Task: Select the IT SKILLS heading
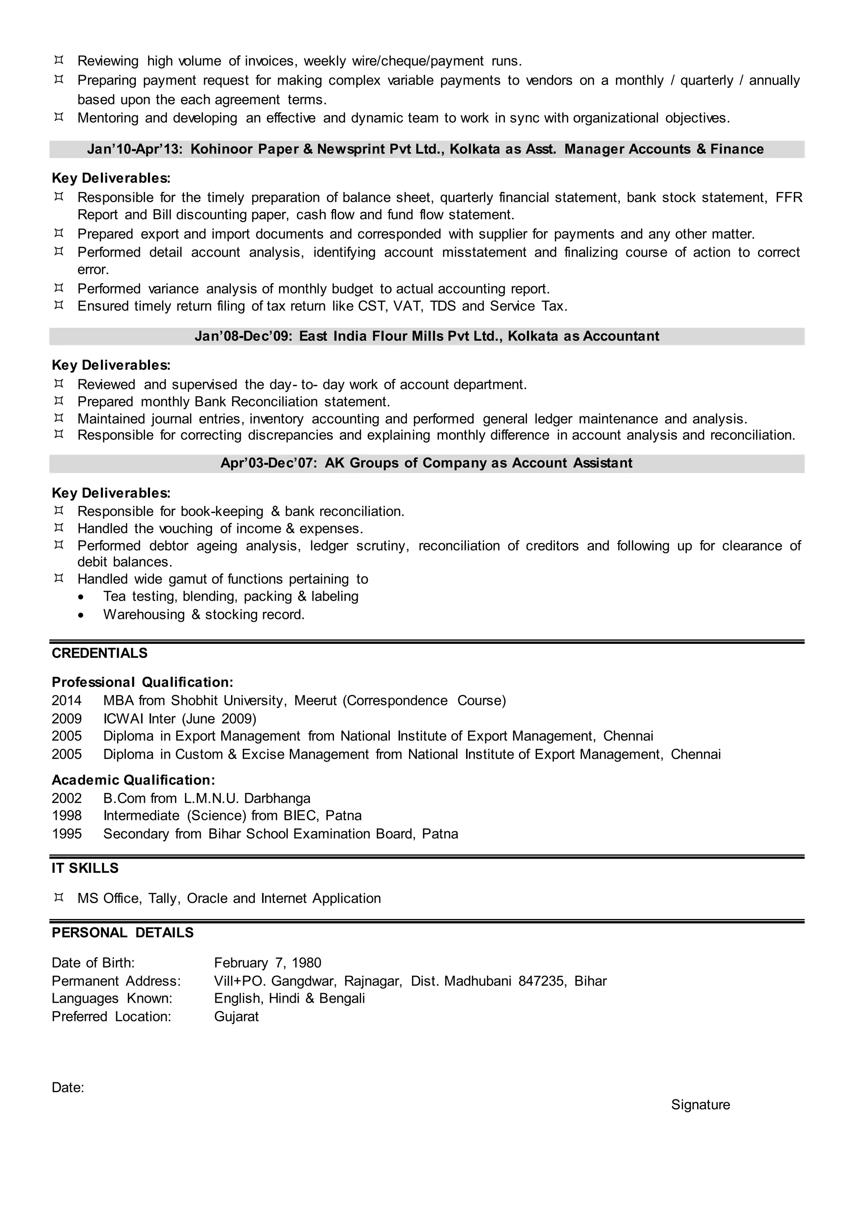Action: pos(85,868)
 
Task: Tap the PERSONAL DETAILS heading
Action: pos(122,932)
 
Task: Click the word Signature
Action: pos(700,1105)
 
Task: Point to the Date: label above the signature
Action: pos(68,1087)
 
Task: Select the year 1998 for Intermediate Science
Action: pos(67,815)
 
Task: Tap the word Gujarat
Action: pos(236,1017)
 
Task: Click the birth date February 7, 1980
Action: pos(267,963)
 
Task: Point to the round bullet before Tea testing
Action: pos(80,597)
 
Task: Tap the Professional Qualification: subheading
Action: pos(142,682)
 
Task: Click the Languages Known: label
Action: pos(112,998)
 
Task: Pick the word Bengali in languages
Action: pos(342,998)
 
